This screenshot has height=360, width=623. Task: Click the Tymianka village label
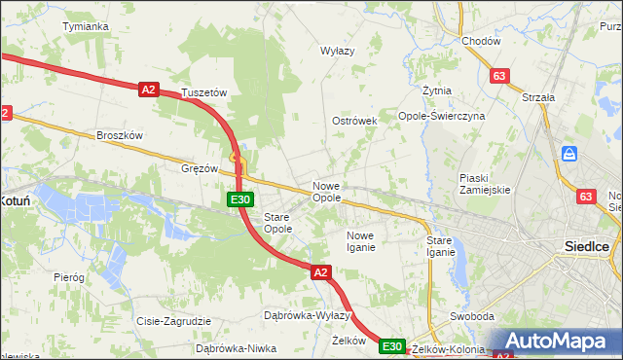click(85, 26)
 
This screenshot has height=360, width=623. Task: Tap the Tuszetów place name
click(203, 93)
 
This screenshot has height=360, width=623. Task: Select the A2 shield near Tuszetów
click(148, 90)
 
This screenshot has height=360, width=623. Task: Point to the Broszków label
click(120, 135)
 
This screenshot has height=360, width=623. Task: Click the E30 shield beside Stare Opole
click(241, 199)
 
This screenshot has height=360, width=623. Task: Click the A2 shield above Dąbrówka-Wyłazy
click(321, 273)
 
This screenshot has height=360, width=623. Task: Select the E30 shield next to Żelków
click(392, 346)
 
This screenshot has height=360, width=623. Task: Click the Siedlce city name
click(587, 246)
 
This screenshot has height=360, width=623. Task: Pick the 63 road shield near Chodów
click(500, 76)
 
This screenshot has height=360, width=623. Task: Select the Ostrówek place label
click(354, 121)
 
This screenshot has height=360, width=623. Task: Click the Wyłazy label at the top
click(338, 50)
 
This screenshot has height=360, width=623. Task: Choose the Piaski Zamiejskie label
click(485, 184)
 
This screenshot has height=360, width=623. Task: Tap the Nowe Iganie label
click(360, 241)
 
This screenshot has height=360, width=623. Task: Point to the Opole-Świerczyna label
click(441, 116)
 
